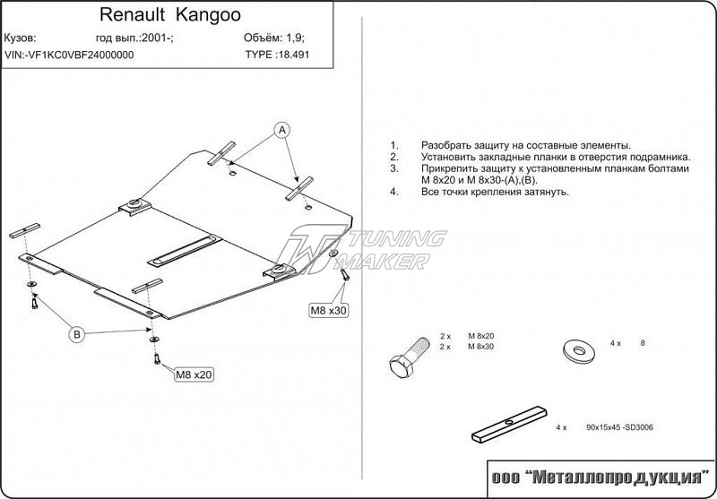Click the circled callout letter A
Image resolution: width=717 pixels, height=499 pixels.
coord(281,130)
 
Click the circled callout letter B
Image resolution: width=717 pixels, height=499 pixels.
coord(78,334)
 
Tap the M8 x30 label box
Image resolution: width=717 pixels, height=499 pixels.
coord(329,310)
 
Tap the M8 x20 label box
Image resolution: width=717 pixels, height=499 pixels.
coord(195,374)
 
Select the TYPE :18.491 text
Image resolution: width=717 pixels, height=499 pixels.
coord(279,55)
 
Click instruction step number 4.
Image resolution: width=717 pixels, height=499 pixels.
coord(393,192)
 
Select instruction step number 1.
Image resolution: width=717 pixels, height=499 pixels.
coord(393,145)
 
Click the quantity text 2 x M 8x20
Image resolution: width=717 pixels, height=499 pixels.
coord(467,336)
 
